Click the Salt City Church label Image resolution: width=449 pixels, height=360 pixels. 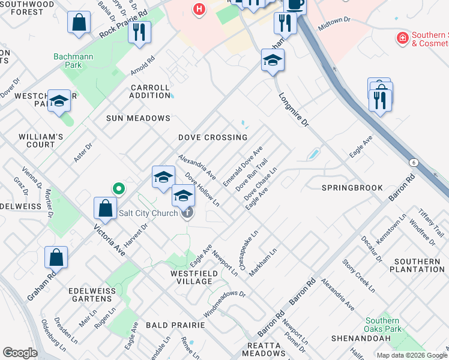click(148, 213)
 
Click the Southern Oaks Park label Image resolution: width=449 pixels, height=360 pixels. click(382, 325)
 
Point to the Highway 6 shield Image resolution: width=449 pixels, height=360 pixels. click(414, 163)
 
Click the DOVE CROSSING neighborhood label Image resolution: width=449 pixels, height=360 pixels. click(213, 137)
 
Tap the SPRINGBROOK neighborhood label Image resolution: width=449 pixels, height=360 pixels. click(352, 188)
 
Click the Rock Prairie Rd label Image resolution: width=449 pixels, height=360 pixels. click(123, 24)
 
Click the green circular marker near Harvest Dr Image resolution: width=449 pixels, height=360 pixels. click(119, 189)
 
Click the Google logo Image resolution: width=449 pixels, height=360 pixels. click(20, 353)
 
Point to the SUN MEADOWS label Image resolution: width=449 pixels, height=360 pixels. click(139, 118)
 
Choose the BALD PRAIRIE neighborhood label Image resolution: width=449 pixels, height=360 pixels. click(175, 325)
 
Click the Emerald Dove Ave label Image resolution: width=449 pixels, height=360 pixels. click(243, 166)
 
